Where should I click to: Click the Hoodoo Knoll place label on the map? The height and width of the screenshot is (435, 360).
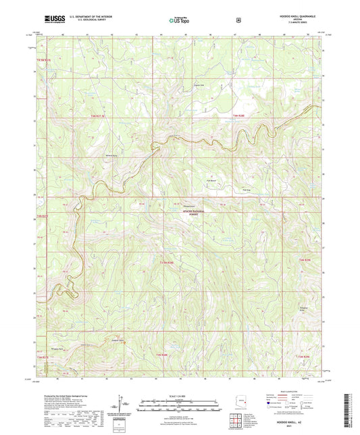191,206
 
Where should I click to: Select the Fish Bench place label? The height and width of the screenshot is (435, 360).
211,180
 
